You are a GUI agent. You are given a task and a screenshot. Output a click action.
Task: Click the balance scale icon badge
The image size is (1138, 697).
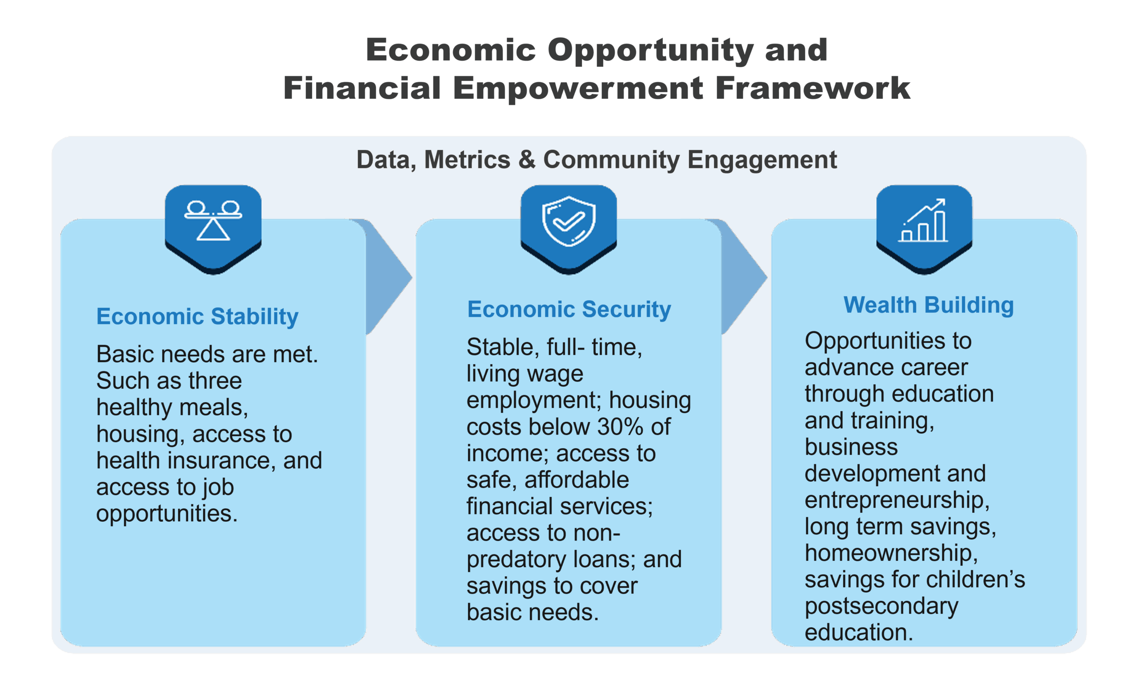[x=213, y=229]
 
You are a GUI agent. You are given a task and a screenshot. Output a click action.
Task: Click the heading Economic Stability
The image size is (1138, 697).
[x=197, y=317]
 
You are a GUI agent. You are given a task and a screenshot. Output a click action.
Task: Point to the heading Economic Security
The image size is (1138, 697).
[x=569, y=310]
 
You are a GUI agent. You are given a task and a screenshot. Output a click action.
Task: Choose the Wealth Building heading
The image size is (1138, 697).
[x=928, y=306]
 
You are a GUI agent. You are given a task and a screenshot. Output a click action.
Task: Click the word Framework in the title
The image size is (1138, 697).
[x=813, y=88]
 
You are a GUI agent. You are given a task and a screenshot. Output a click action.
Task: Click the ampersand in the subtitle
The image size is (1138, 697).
[x=526, y=159]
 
